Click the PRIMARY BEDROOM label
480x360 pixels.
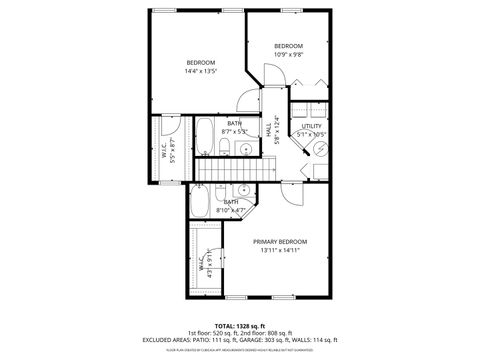pos(279,242)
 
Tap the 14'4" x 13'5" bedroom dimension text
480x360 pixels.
pos(201,71)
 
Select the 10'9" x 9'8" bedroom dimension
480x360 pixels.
pos(288,56)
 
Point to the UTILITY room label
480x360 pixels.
pos(312,125)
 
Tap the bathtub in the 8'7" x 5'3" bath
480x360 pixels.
pos(204,138)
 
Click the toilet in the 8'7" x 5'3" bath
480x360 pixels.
pos(226,150)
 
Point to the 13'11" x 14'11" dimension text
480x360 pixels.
pos(279,251)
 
